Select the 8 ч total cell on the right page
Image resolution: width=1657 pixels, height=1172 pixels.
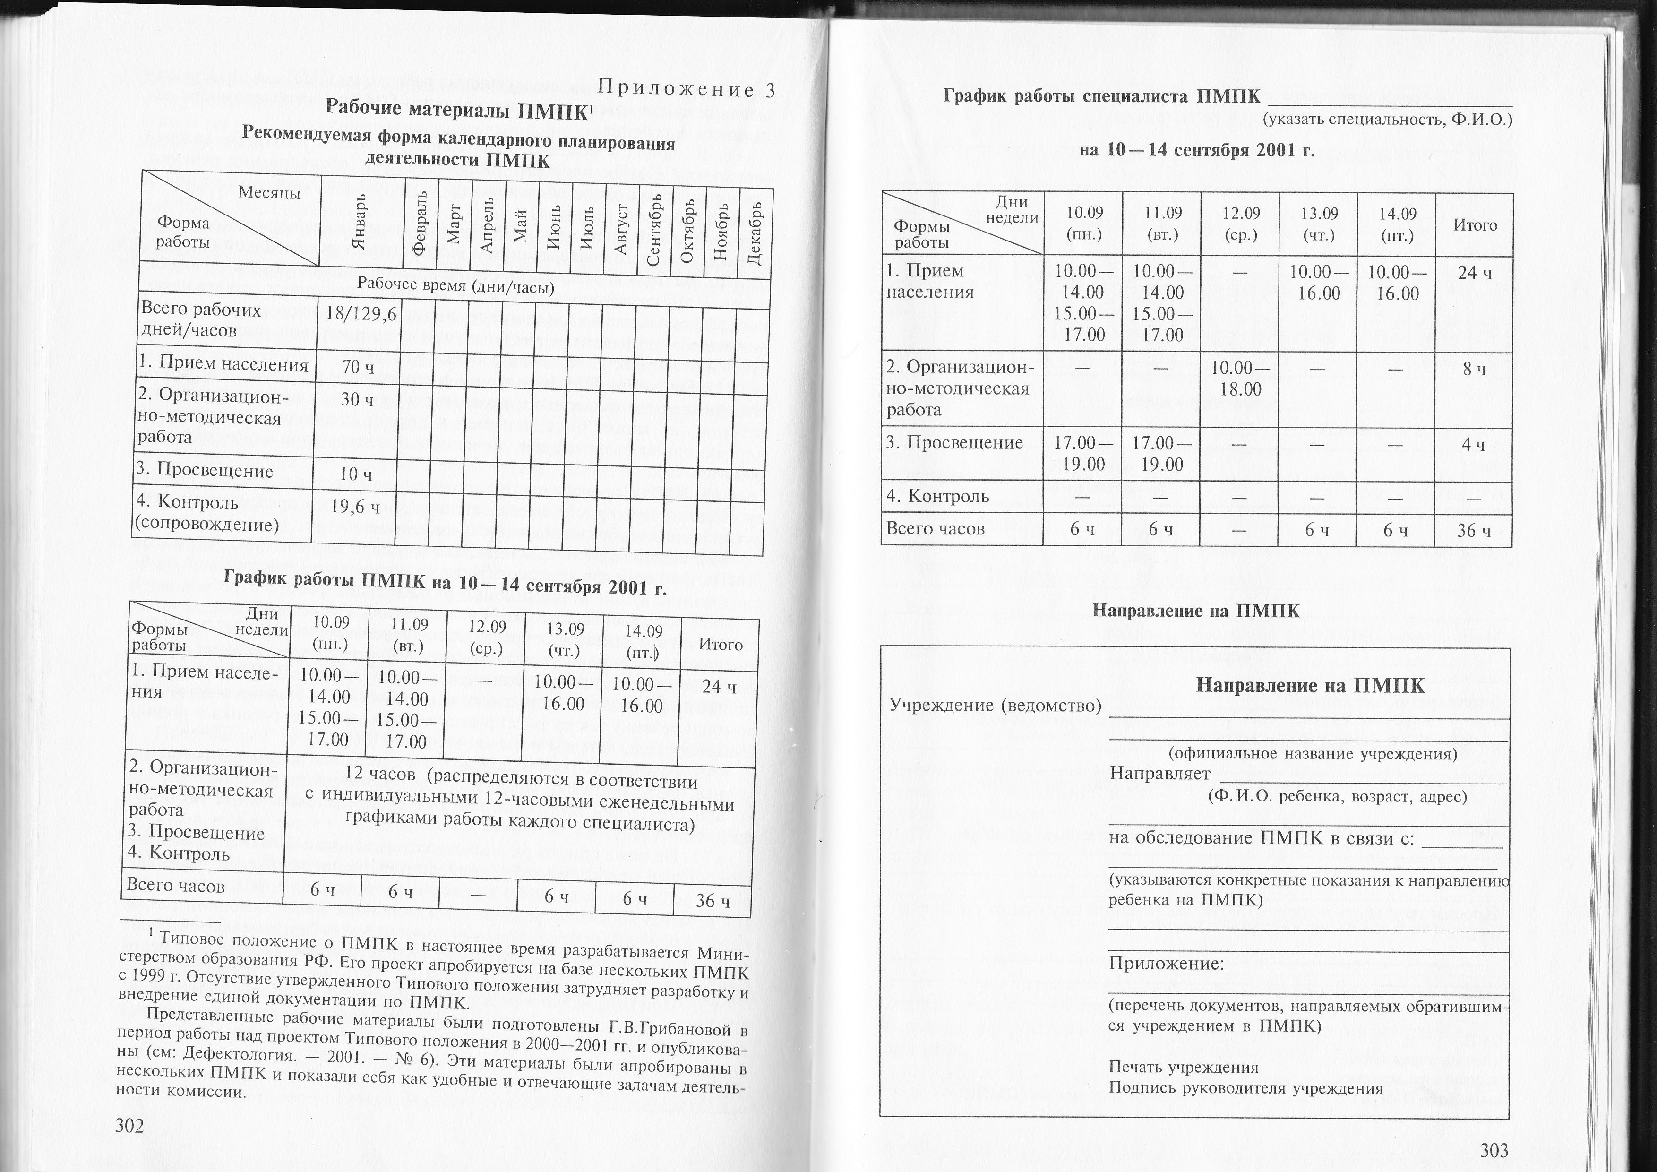tap(1474, 370)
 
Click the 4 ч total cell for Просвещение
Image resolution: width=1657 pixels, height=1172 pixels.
tap(1474, 445)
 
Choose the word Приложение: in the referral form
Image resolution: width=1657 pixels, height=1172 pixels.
tap(1166, 964)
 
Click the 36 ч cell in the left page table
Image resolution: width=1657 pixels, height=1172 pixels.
tap(713, 901)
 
